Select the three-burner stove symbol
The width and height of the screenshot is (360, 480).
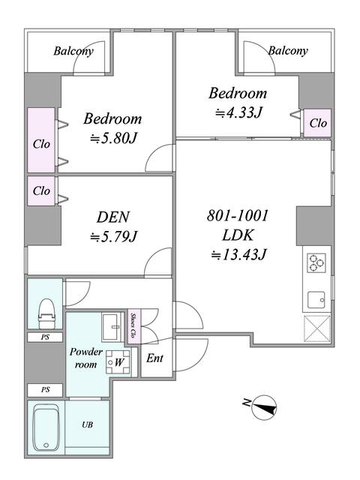click(316, 262)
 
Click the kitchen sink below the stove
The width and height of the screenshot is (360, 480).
click(316, 300)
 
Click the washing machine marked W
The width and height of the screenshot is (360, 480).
click(118, 362)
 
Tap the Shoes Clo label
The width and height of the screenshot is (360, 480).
click(133, 325)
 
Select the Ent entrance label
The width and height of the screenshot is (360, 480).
click(155, 358)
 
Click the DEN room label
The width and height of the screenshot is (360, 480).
click(113, 217)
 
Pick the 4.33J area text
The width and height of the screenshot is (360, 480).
click(238, 112)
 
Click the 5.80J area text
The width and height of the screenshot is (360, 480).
click(113, 138)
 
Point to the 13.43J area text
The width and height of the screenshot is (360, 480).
click(239, 254)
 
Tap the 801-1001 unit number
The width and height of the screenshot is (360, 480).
click(238, 215)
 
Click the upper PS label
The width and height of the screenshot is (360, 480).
click(45, 337)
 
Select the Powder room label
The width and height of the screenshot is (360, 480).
click(85, 358)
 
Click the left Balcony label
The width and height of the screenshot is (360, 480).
click(73, 51)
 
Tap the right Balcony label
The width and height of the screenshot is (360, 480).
click(288, 51)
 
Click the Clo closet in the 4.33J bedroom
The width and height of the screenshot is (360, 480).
click(318, 123)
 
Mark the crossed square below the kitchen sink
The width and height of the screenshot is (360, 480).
click(317, 328)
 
